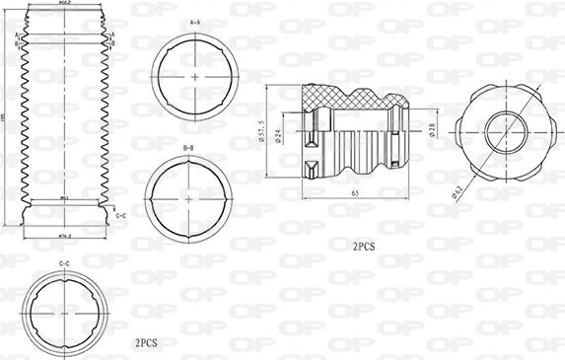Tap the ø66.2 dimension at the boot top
[64, 4]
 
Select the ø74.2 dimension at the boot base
[64, 237]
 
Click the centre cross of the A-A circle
[197, 76]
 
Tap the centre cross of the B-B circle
[188, 196]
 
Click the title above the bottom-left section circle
[64, 263]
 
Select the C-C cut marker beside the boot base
[119, 214]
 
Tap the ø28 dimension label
[433, 128]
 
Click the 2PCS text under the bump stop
[363, 243]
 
